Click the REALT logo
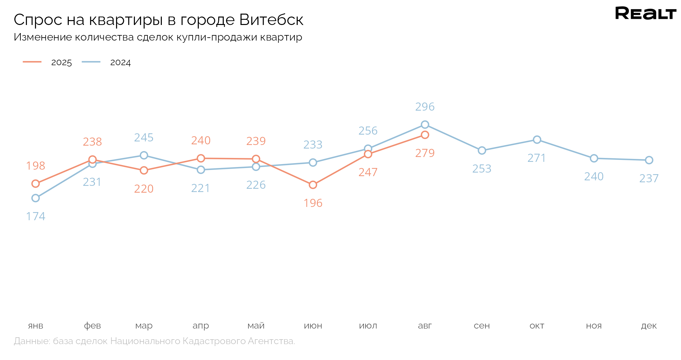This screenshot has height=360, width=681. (645, 13)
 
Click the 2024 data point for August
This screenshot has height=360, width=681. (425, 125)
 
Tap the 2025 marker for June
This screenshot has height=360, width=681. (313, 185)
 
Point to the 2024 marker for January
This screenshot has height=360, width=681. (36, 198)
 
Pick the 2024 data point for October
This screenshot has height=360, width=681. (537, 139)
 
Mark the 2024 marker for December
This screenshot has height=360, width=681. (649, 160)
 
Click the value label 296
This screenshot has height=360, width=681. (425, 107)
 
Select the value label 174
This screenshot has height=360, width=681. (36, 216)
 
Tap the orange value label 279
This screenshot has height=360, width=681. (425, 153)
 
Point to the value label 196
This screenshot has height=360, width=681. (313, 203)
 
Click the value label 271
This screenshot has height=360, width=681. (537, 158)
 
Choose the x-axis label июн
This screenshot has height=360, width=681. (313, 326)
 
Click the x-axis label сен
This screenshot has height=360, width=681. (482, 326)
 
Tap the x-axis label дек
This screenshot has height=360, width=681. (649, 326)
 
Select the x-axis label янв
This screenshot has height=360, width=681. (36, 326)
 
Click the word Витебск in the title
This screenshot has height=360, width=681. (271, 20)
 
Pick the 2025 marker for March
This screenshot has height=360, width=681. (144, 170)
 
